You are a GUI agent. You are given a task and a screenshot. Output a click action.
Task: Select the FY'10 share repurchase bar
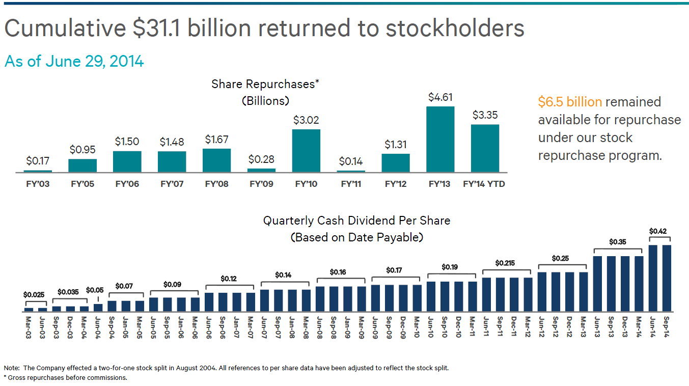[x=306, y=151]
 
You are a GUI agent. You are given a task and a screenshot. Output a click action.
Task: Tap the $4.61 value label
[x=440, y=97]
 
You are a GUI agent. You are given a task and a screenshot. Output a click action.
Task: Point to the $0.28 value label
[x=261, y=159]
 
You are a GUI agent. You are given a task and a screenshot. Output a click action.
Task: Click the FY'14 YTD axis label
[x=484, y=184]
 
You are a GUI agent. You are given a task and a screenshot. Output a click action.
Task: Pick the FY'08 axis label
[x=216, y=184]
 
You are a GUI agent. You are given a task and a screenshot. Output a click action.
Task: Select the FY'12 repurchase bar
[x=395, y=163]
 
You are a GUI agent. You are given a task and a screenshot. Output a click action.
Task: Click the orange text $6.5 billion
[x=570, y=102]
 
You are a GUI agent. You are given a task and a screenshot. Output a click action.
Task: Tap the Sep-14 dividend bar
[x=666, y=278]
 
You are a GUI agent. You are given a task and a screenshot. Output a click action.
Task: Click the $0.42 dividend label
[x=658, y=231]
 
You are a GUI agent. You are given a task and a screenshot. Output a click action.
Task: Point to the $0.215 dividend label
[x=505, y=263]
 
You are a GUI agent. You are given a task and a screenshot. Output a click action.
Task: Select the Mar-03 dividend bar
[x=29, y=309]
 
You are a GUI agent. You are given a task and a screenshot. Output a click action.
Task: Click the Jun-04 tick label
[x=98, y=325]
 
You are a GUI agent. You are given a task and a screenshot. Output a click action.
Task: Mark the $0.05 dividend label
[x=95, y=290]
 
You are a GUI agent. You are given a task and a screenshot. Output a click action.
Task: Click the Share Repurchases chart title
[x=265, y=84]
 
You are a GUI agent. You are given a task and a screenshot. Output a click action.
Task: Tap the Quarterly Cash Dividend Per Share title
[x=356, y=220]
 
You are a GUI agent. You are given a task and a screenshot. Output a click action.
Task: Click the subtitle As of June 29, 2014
[x=74, y=61]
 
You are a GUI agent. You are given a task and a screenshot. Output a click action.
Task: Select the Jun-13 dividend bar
[x=598, y=284]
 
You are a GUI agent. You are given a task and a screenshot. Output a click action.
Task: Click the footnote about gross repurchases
[x=66, y=377]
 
